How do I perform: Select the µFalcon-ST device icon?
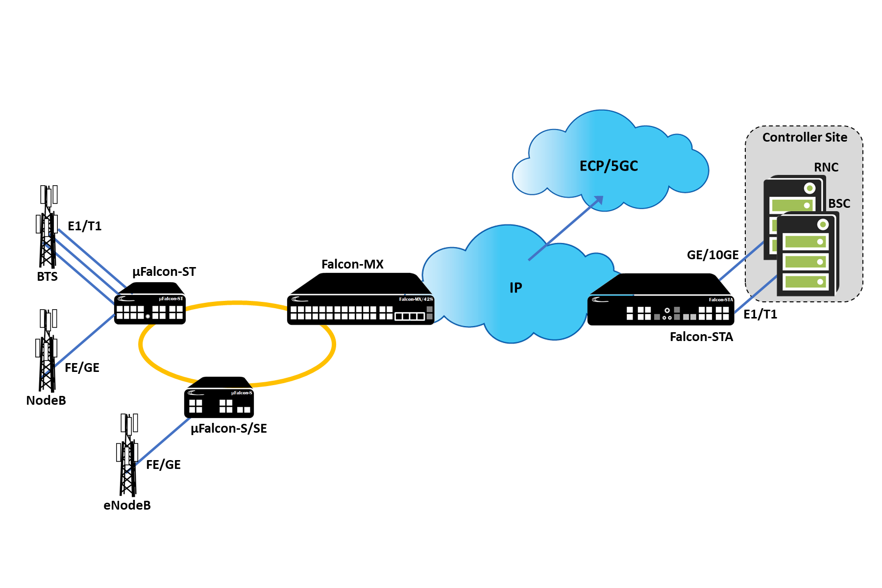[150, 303]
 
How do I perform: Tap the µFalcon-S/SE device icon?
[219, 397]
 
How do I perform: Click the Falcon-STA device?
[661, 299]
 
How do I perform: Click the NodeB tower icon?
[47, 350]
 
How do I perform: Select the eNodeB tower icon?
[127, 455]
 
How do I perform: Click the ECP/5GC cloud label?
[609, 166]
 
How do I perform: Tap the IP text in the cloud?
[516, 288]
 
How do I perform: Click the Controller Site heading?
[805, 137]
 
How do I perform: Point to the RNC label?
[826, 167]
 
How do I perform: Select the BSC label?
[839, 203]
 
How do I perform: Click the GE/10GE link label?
[712, 255]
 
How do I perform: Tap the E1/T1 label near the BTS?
[85, 226]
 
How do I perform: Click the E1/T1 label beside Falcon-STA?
[760, 314]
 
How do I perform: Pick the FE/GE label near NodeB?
[82, 367]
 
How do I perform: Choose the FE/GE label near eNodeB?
[163, 465]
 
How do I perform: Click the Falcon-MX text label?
[352, 264]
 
